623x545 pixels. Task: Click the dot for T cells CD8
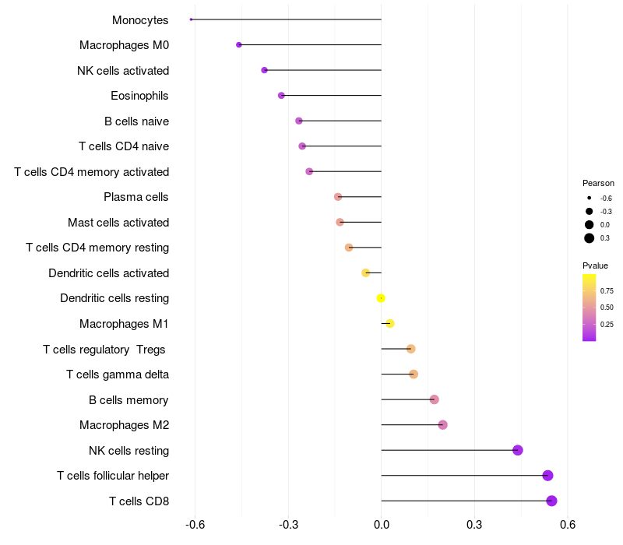(x=551, y=501)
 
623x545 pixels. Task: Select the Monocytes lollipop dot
(x=191, y=19)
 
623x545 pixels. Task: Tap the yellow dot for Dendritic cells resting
(x=381, y=298)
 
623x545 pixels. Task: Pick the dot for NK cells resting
(x=518, y=450)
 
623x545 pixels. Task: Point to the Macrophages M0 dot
(x=239, y=45)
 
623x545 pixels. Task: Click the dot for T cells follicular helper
(x=547, y=476)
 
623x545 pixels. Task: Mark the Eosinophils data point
(x=281, y=96)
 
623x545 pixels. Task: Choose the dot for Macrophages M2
(x=443, y=425)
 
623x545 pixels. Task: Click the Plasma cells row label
(x=136, y=197)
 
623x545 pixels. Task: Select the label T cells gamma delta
(x=118, y=374)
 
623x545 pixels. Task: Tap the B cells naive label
(x=136, y=121)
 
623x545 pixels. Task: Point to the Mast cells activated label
(x=118, y=223)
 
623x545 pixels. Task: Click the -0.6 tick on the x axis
(x=195, y=525)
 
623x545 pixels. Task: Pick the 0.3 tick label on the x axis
(x=474, y=525)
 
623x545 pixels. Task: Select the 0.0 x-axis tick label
(x=382, y=525)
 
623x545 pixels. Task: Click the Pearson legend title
(x=598, y=183)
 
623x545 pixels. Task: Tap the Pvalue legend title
(x=595, y=265)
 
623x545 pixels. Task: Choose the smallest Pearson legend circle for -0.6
(x=590, y=198)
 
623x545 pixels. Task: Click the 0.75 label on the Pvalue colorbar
(x=607, y=290)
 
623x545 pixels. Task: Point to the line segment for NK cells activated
(x=323, y=70)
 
